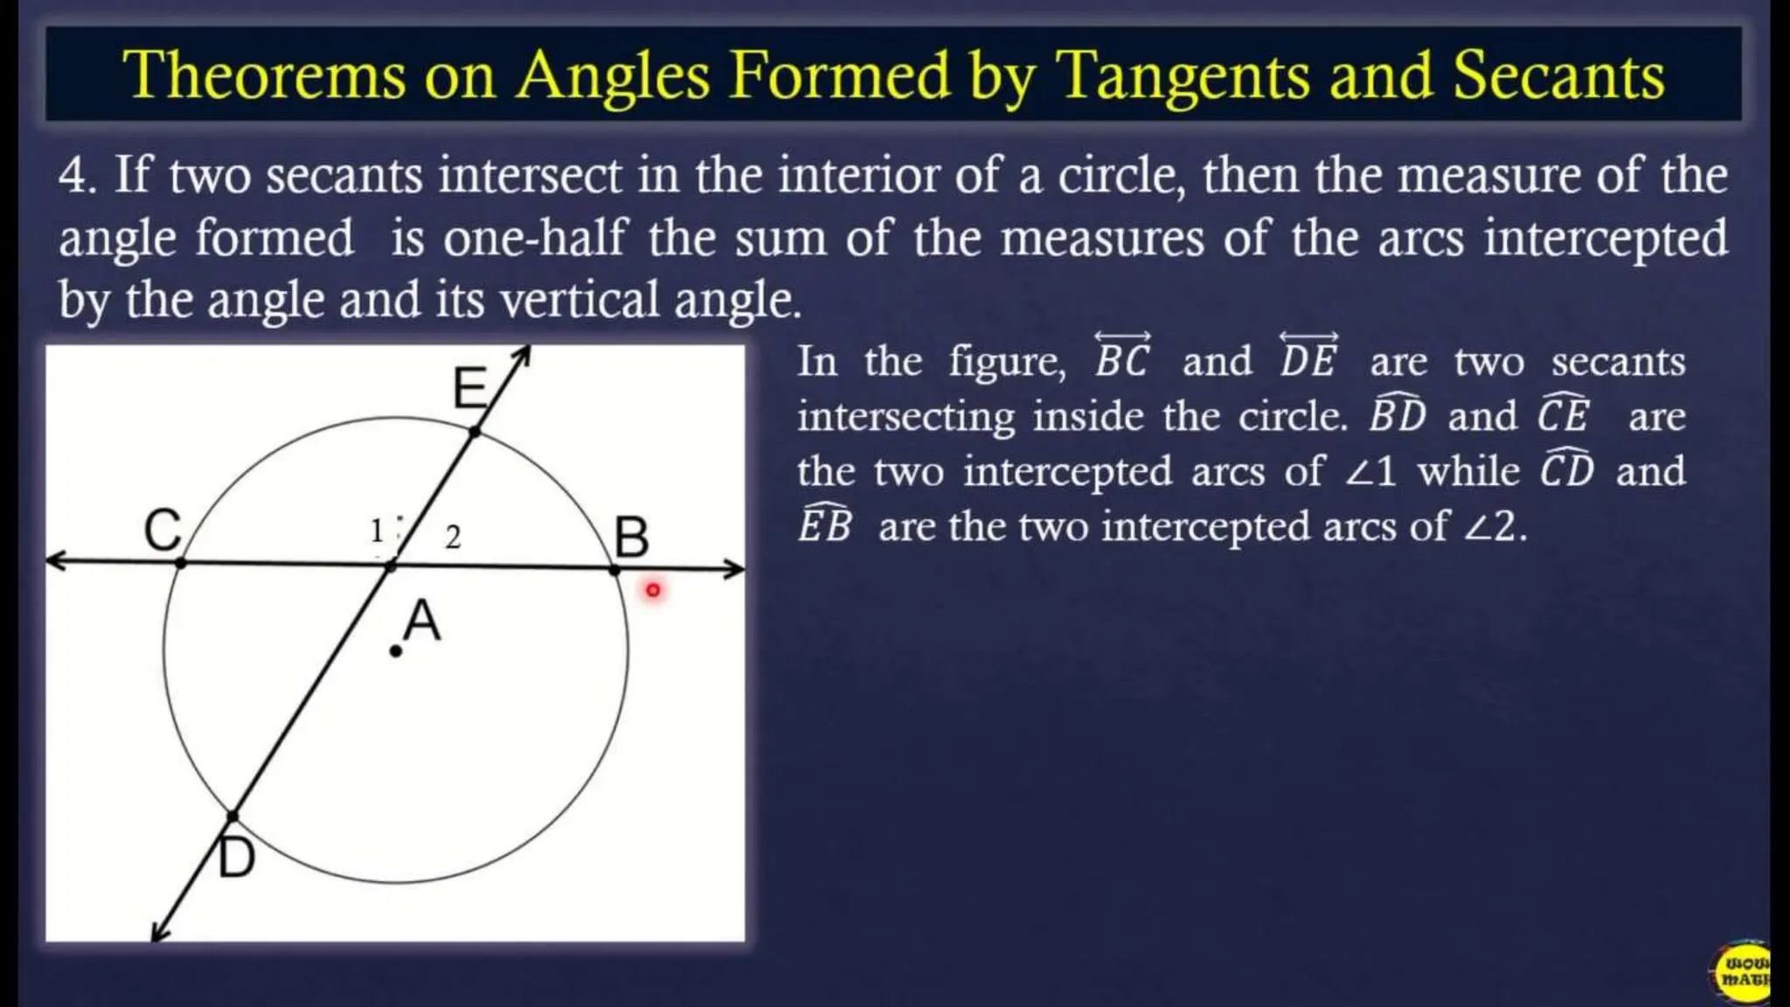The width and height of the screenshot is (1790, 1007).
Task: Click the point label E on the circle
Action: point(469,388)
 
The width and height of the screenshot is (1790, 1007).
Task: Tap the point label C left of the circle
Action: point(163,530)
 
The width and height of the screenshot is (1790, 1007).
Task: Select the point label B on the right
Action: point(631,537)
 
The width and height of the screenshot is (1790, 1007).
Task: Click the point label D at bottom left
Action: point(236,858)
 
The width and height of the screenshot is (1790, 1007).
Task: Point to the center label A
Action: point(422,622)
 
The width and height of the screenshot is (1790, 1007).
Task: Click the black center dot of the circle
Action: point(396,651)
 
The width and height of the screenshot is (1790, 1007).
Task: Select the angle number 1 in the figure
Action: point(377,531)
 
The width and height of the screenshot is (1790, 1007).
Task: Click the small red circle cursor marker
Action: point(653,591)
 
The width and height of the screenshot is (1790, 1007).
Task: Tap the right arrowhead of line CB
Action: point(736,570)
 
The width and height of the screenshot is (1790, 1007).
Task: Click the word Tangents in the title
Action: point(1183,75)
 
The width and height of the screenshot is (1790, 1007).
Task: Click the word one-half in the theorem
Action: point(535,238)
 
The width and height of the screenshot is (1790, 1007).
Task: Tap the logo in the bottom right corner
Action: point(1744,970)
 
